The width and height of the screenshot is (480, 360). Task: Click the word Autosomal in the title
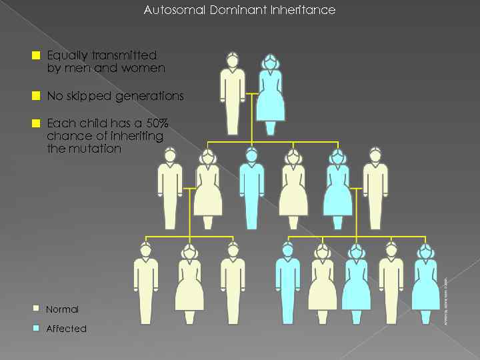(x=169, y=10)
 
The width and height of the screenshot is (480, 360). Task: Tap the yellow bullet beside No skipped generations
(x=37, y=96)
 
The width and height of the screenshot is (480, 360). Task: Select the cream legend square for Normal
(x=37, y=308)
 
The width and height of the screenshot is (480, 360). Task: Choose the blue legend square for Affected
(x=37, y=328)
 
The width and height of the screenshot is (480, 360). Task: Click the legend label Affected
(x=66, y=329)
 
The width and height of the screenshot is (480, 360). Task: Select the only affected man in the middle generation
(x=251, y=190)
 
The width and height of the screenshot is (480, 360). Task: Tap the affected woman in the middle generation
(x=338, y=190)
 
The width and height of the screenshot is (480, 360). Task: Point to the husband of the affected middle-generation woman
(x=375, y=190)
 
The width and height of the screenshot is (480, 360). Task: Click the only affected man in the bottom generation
(x=287, y=283)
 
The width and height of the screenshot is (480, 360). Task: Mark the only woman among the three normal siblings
(x=189, y=283)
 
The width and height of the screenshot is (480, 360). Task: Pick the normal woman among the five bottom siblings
(x=322, y=283)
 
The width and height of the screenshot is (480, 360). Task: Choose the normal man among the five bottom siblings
(x=391, y=283)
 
